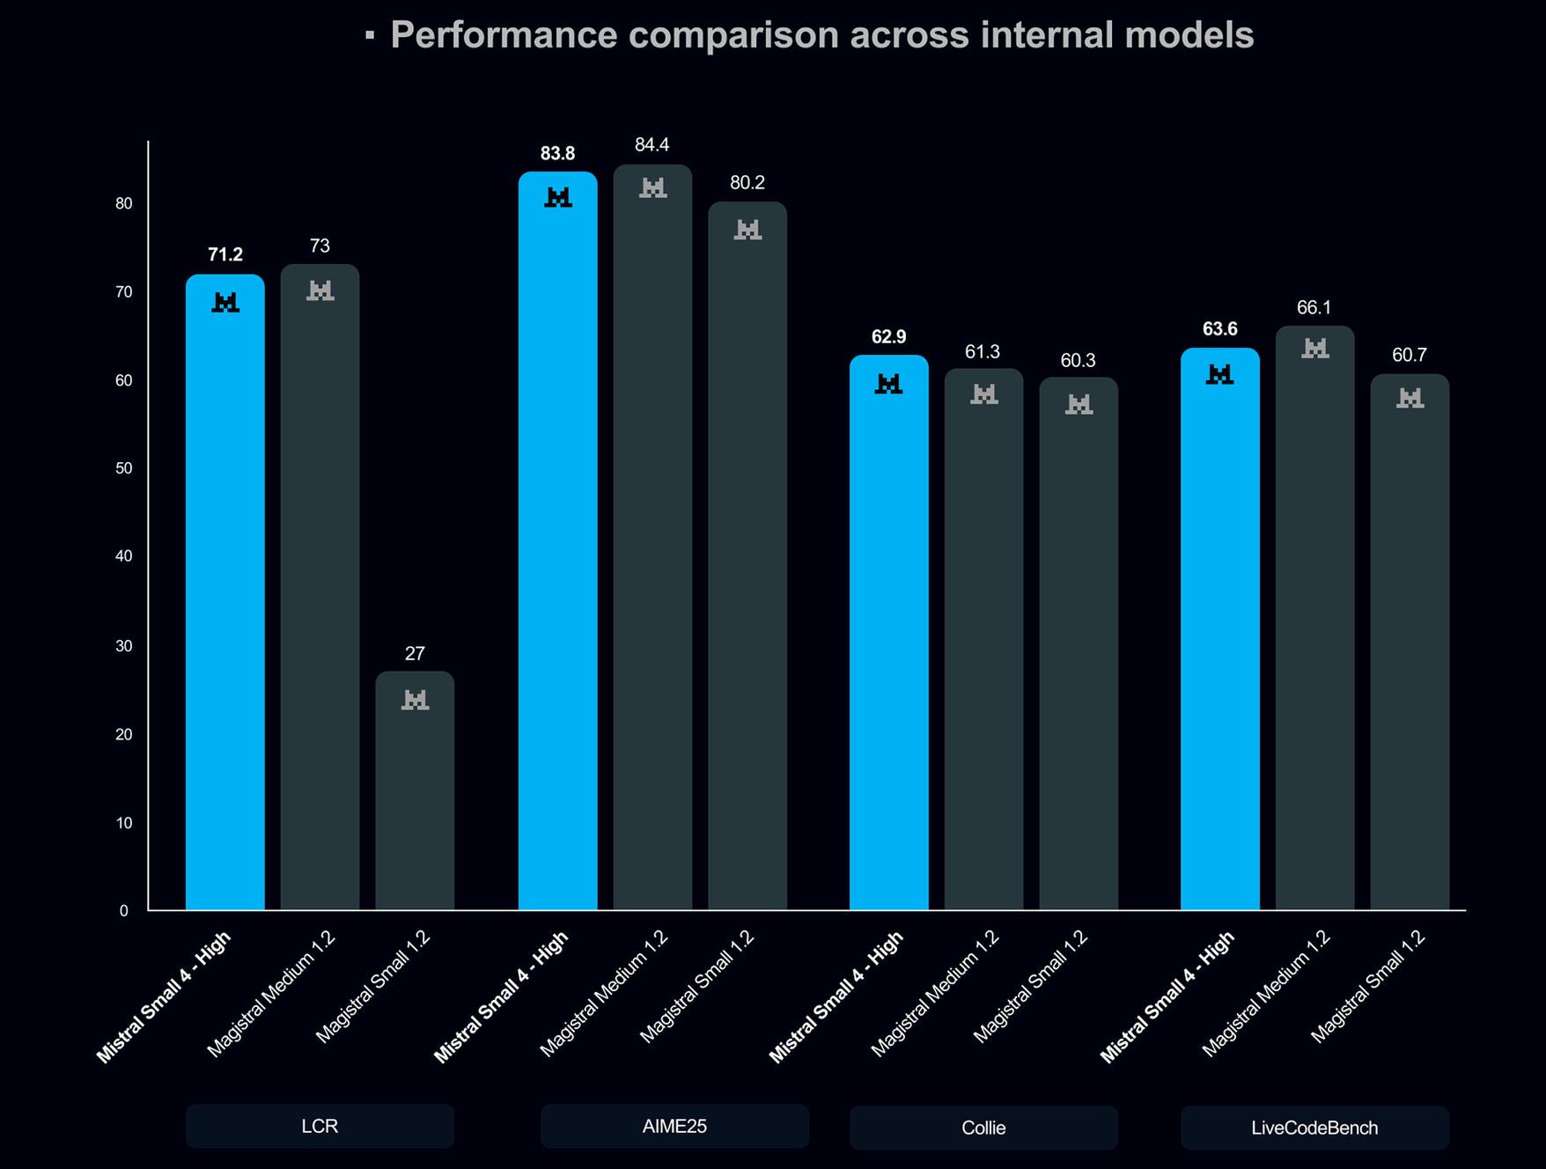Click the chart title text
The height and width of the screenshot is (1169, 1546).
821,35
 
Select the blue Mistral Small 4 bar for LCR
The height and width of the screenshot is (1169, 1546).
225,599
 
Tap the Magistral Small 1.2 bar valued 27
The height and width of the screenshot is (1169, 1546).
415,792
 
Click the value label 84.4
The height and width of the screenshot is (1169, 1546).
652,144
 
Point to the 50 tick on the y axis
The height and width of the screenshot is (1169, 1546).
124,468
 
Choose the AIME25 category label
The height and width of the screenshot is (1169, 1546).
674,1126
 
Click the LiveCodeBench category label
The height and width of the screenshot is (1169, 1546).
1314,1128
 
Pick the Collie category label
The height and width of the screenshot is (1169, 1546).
983,1128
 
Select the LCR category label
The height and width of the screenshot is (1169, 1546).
320,1126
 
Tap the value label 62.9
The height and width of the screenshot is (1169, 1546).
888,336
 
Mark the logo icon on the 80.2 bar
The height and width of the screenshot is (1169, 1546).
747,230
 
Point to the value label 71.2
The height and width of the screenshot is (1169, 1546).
225,254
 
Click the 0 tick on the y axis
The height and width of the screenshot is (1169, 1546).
124,911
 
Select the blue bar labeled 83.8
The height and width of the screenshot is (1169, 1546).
557,546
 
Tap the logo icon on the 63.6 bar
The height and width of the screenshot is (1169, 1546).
1219,375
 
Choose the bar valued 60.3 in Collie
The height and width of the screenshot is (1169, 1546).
1079,651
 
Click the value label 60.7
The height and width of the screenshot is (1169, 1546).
1409,355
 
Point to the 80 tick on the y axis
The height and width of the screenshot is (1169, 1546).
124,203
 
